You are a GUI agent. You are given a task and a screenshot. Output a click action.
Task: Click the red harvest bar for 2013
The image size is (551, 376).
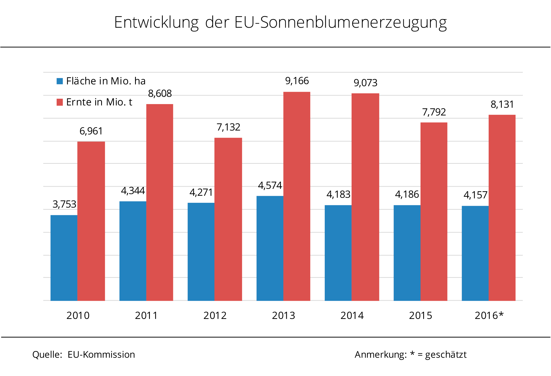point(297,196)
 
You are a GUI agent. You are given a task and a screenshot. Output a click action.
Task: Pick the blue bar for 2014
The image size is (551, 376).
point(338,253)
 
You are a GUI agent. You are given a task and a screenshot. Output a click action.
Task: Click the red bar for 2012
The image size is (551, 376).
point(228,219)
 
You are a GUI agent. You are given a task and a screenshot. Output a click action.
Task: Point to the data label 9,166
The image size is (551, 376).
point(297,81)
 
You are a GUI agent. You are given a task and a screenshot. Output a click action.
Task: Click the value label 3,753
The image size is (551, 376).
point(64,204)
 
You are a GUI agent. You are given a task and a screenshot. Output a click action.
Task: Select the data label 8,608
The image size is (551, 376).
point(160,93)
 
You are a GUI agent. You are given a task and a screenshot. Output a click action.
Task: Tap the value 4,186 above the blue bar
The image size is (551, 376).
point(407,194)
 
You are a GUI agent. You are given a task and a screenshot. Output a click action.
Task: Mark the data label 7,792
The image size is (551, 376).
point(434,112)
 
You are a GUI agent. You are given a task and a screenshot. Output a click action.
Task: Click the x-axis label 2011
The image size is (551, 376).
point(146,315)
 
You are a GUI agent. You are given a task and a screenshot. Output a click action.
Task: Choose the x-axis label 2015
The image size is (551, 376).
point(421,315)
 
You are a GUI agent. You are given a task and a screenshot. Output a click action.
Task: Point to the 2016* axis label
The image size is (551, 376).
point(489,315)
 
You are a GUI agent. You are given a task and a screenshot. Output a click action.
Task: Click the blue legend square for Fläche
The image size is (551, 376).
point(60,81)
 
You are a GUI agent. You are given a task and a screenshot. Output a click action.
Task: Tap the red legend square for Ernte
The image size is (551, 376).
point(60,102)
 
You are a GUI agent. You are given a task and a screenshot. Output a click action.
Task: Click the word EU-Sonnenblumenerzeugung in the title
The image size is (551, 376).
point(340,23)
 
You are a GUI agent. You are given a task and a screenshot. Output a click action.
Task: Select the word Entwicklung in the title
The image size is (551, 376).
point(156,23)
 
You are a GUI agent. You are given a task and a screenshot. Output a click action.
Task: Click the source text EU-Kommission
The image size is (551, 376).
point(101,354)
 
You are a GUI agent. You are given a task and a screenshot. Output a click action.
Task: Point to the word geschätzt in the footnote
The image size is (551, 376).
point(446,355)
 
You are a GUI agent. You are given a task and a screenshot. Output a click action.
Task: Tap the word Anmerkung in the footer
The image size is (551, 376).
point(380,354)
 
